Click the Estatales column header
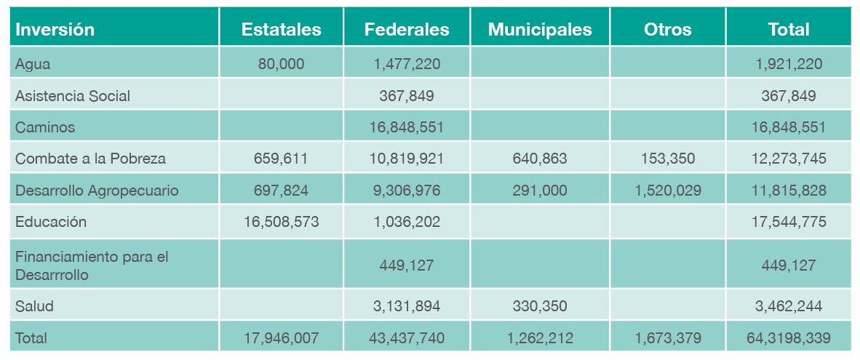coord(281,30)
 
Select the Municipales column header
coord(540,30)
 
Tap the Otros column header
coord(667,30)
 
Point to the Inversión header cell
coord(55,30)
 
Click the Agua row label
coord(33,64)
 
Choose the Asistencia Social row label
coord(73,96)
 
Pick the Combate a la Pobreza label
coord(90,159)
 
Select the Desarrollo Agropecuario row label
coord(97,191)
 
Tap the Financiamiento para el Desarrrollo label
coord(92,266)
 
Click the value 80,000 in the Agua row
coord(281,64)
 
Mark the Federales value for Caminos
coord(407,127)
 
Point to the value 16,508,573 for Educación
coord(281,222)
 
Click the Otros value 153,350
coord(667,159)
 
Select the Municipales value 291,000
coord(540,191)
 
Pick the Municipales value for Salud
coord(540,306)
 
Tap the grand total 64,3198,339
coord(789,338)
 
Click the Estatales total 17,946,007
coord(281,338)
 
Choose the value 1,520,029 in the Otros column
coord(667,191)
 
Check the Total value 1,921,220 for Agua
coord(789,64)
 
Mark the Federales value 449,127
coord(407,265)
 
